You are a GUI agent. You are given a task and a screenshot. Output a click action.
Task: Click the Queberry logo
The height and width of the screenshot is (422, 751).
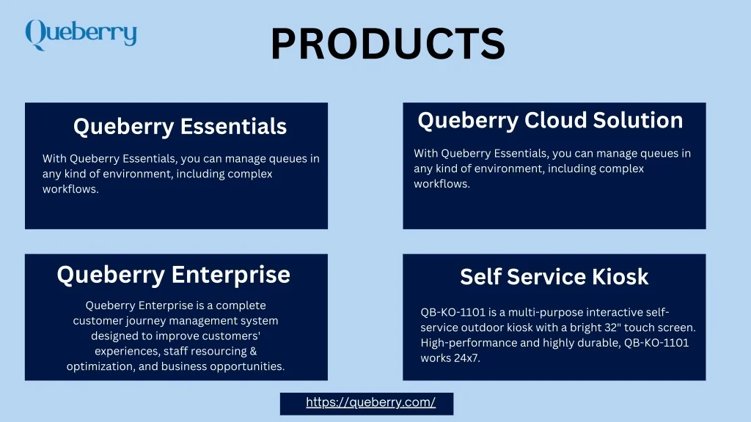(x=81, y=34)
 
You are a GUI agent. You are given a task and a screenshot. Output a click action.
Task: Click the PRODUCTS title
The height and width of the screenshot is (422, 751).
(x=388, y=43)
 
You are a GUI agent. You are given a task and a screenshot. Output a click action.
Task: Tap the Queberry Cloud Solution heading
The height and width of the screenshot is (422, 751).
(x=550, y=121)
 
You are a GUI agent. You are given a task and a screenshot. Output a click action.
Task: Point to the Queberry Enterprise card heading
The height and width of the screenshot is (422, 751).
(x=173, y=275)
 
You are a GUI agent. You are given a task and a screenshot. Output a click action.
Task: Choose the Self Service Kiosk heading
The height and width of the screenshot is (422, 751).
(x=554, y=276)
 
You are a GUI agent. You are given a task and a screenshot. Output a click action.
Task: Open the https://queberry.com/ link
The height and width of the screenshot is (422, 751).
(x=370, y=402)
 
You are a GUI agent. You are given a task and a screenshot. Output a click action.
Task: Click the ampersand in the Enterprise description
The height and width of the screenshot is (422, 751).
(x=252, y=351)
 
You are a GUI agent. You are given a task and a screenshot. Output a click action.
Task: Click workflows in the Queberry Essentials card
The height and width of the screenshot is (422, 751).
(x=70, y=189)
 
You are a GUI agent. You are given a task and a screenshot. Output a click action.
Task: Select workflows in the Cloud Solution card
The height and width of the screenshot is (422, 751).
(x=442, y=184)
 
